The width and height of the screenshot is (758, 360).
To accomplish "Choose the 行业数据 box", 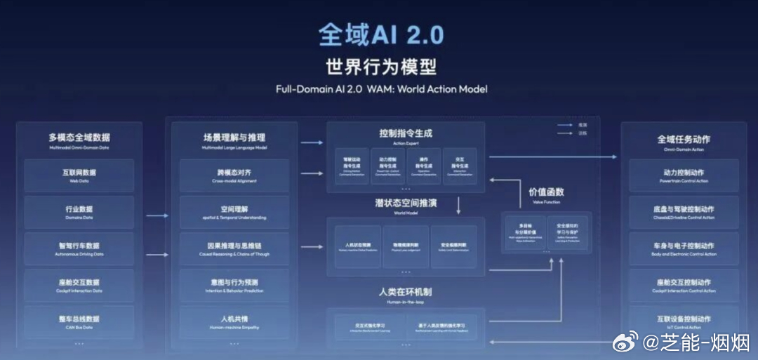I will click(79, 212).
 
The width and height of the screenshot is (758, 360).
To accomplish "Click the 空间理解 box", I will click(234, 212).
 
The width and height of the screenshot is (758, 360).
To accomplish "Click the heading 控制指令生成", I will click(406, 133).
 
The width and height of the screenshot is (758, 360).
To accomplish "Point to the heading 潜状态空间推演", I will click(406, 203).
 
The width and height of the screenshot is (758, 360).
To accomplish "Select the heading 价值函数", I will click(546, 192).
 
